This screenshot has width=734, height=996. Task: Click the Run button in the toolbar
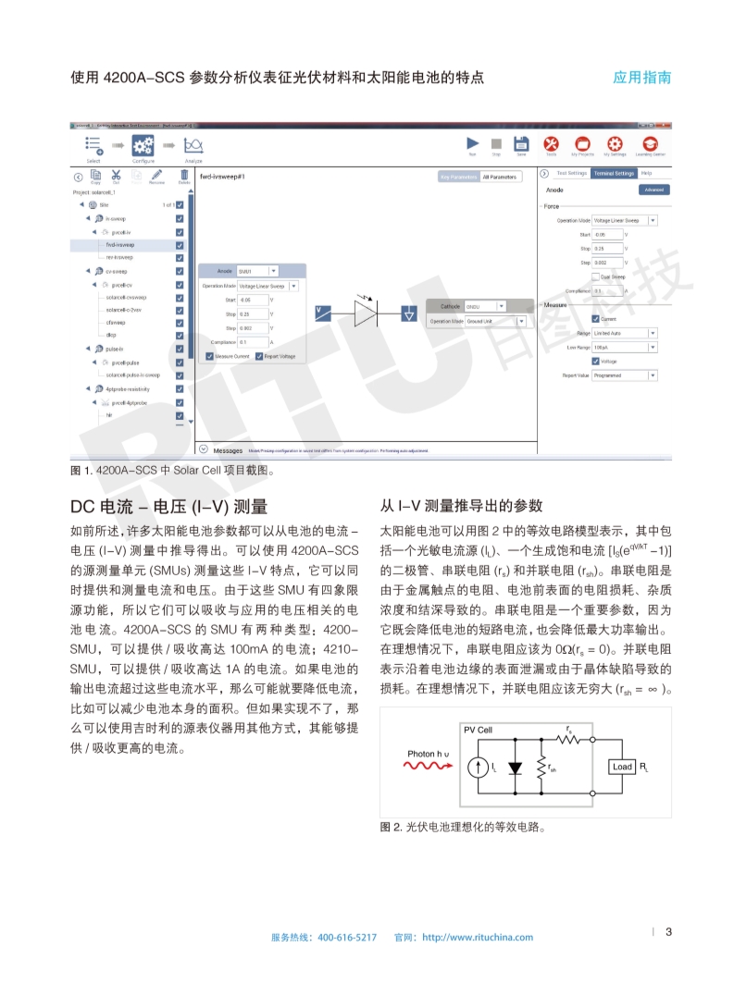click(x=472, y=143)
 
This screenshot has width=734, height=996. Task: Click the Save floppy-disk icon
click(x=520, y=143)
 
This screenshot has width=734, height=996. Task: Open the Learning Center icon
click(x=651, y=143)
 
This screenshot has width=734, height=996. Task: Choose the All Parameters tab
click(x=500, y=176)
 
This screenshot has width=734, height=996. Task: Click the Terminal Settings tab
click(x=613, y=173)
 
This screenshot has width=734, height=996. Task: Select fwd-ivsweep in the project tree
click(x=119, y=245)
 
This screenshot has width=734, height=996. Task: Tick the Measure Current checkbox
click(x=209, y=356)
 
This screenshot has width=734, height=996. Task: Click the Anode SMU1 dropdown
click(x=258, y=271)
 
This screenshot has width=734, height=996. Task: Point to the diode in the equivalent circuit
click(x=516, y=767)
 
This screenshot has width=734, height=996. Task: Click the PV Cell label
click(x=479, y=731)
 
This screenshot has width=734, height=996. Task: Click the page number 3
click(x=668, y=931)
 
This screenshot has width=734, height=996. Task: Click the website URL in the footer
click(x=478, y=937)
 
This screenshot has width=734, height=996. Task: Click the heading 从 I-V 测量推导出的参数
click(x=461, y=506)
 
